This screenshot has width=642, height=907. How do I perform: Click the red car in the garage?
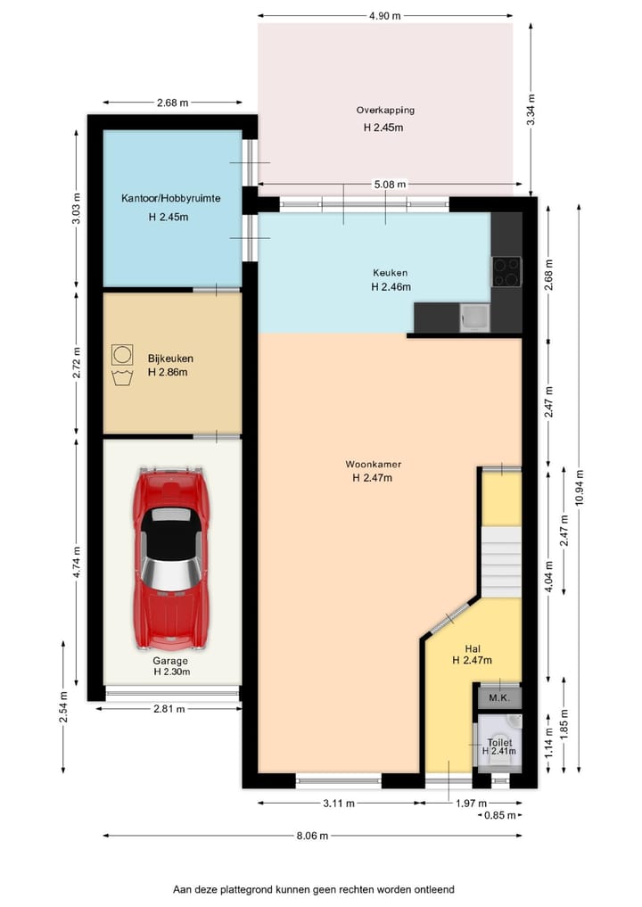coord(170,559)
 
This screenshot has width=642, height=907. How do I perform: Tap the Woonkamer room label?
coord(373,464)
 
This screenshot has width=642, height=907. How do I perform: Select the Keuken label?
coord(390,272)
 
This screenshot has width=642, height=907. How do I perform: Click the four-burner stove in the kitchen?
coord(506,272)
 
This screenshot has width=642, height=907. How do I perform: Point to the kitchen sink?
coord(475,317)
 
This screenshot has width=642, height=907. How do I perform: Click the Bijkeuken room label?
coord(170,359)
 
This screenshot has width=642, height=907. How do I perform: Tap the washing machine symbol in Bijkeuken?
coord(122,354)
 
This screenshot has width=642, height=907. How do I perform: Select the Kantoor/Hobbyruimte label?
coord(170,198)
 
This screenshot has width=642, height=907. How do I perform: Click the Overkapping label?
coord(385,110)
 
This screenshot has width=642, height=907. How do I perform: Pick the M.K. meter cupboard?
coord(499,697)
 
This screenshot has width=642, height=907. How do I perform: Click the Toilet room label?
coord(499,742)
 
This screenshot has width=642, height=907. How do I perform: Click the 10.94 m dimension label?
coord(580,488)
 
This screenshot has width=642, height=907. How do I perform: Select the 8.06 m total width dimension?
coord(312,836)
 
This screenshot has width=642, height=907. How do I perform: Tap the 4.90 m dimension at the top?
coord(384,16)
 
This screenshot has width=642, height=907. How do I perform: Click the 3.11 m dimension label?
coord(339,803)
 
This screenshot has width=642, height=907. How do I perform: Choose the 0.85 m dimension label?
coord(499,815)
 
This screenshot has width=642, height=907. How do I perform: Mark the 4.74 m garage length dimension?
coord(77,565)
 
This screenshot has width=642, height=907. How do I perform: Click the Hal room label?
coord(473,649)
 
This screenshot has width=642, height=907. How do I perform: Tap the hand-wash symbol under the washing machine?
coord(122,377)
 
